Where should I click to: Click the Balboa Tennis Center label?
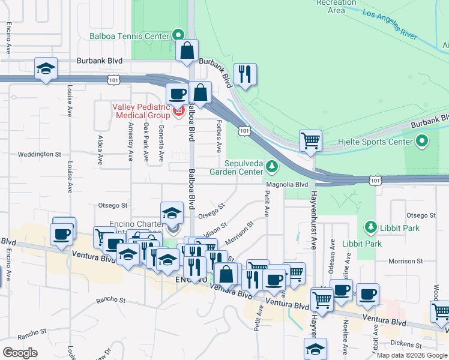[130, 36]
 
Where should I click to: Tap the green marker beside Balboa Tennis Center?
[178, 35]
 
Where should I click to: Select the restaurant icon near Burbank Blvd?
[245, 74]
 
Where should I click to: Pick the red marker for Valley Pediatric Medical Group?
[178, 111]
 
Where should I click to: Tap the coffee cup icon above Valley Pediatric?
[178, 94]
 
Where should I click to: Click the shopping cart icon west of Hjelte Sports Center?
[310, 141]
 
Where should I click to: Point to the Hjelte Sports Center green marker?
[422, 142]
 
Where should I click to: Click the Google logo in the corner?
[20, 352]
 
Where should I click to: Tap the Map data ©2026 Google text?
[412, 355]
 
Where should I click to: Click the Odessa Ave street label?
[331, 252]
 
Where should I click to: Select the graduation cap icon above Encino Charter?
[172, 213]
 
